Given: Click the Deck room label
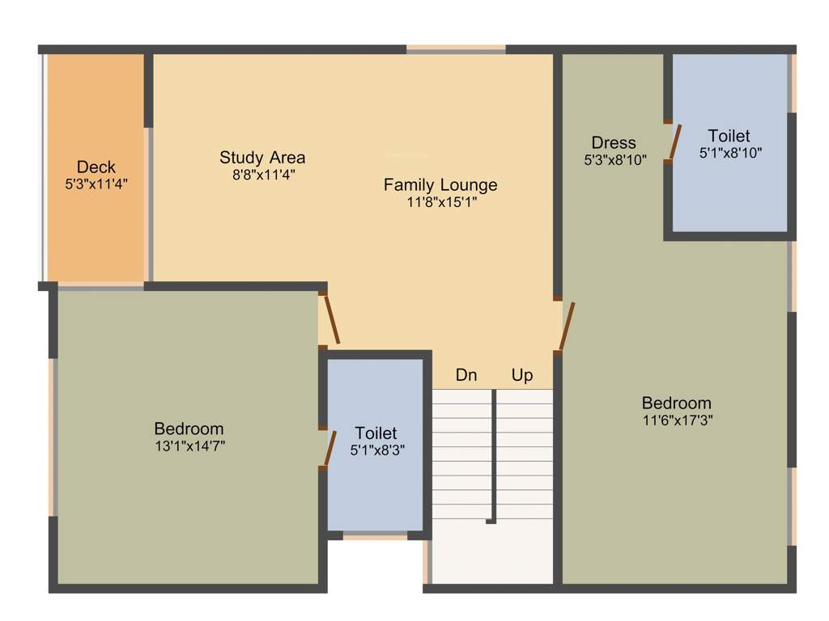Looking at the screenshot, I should point(96,167).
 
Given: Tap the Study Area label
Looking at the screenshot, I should point(262,157).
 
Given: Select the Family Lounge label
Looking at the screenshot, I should point(440,185).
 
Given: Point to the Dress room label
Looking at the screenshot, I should point(614,143).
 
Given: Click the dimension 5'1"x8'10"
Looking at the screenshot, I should point(730,152).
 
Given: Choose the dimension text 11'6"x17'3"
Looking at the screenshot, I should point(677,420).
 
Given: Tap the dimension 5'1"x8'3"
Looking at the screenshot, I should point(376,450).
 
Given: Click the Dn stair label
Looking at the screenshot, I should point(466,375).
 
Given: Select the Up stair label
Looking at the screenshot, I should point(522,375).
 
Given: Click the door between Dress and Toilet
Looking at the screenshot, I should point(674,142).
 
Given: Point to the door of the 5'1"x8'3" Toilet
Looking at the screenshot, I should point(329,449).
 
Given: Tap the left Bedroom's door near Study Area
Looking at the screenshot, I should point(332,319).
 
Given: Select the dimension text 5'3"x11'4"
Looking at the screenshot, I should point(96,184).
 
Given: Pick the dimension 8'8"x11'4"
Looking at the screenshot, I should point(262,173).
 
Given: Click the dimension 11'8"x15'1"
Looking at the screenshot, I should point(441,202).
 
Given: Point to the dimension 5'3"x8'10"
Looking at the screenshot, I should point(615,160).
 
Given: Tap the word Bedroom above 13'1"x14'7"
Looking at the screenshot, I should point(189,429).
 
